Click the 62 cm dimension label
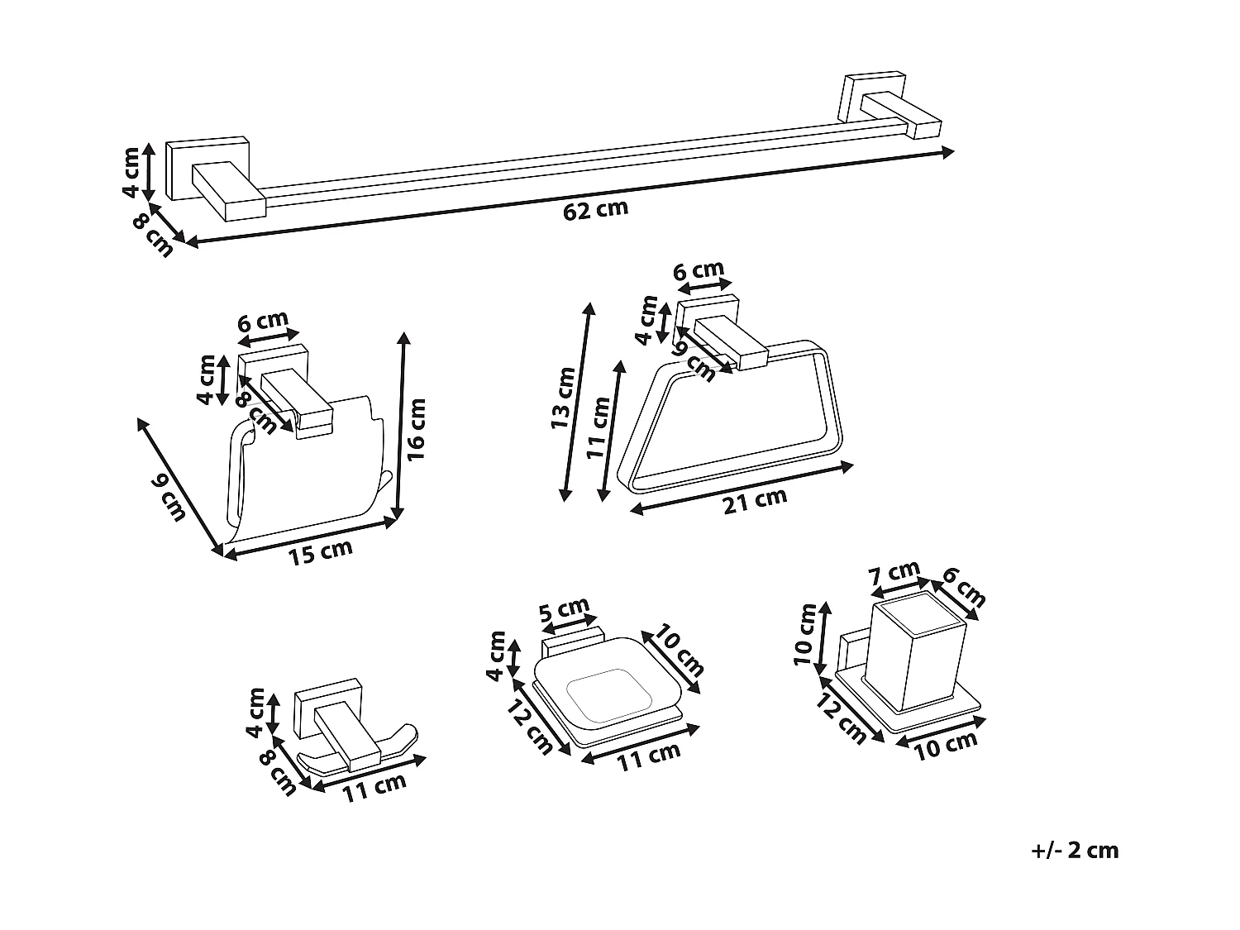595,209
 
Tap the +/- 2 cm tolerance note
1075,851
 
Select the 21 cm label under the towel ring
755,501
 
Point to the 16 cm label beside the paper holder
416,429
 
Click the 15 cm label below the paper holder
320,552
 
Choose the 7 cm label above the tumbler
894,574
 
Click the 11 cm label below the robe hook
374,788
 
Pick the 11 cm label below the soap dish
649,756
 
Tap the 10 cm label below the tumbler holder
946,744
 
